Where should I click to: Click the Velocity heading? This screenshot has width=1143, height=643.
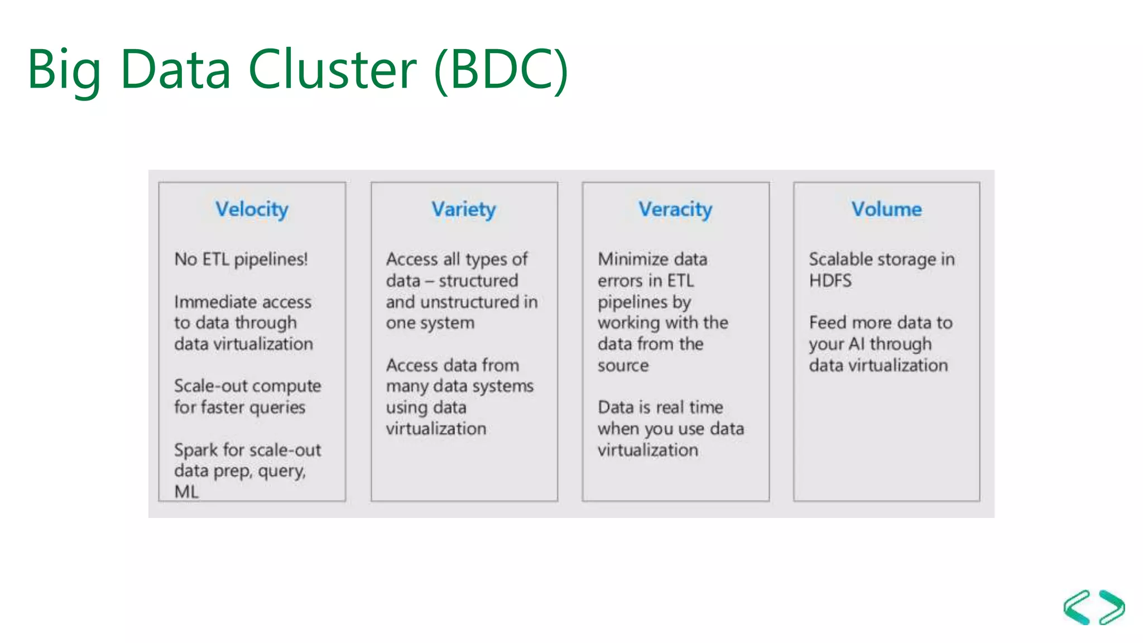tap(252, 209)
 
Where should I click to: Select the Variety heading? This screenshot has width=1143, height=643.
tap(463, 209)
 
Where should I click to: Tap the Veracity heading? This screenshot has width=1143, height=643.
tap(675, 209)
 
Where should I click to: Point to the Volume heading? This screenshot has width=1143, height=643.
tap(886, 209)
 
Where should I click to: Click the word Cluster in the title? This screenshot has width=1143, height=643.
tap(332, 69)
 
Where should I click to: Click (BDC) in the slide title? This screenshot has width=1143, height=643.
tap(501, 69)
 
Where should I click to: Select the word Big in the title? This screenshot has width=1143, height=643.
tap(64, 69)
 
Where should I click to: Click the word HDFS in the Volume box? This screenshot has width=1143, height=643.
tap(830, 280)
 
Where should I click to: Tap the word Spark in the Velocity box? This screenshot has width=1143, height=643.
tap(195, 450)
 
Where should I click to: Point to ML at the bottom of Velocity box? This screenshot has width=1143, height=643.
tap(186, 492)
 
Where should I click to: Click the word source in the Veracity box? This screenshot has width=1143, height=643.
tap(623, 366)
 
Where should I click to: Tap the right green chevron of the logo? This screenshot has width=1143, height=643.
tap(1112, 607)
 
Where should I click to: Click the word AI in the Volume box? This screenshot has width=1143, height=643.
tap(856, 344)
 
